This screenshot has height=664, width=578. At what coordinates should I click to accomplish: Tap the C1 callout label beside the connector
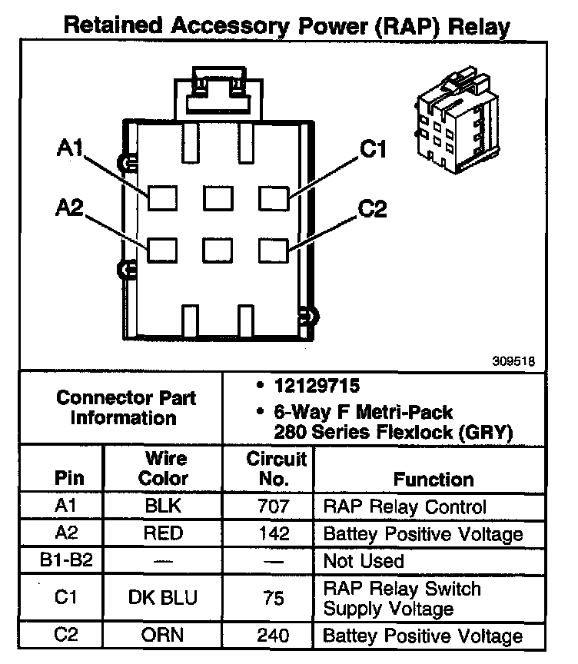(x=373, y=148)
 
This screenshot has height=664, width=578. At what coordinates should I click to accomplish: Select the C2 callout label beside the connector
(x=373, y=207)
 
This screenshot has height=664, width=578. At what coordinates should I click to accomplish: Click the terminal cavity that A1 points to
(x=162, y=198)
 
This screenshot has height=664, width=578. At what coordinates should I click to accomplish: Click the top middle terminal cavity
(x=218, y=198)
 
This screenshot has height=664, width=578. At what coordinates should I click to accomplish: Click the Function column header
(x=433, y=479)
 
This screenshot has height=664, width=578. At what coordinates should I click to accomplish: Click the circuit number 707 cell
(x=274, y=507)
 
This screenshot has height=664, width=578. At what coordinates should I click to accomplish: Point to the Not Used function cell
(x=364, y=560)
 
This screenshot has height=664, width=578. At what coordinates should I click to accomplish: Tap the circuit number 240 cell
(x=274, y=636)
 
